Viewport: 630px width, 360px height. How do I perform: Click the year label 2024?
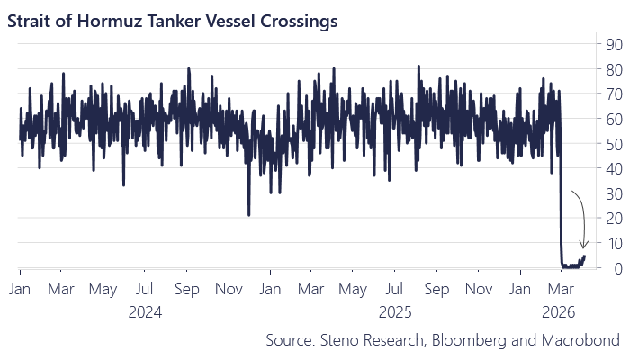click(x=144, y=312)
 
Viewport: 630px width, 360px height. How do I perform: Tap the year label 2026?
click(x=560, y=312)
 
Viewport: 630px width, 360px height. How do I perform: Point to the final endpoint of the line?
click(x=584, y=256)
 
